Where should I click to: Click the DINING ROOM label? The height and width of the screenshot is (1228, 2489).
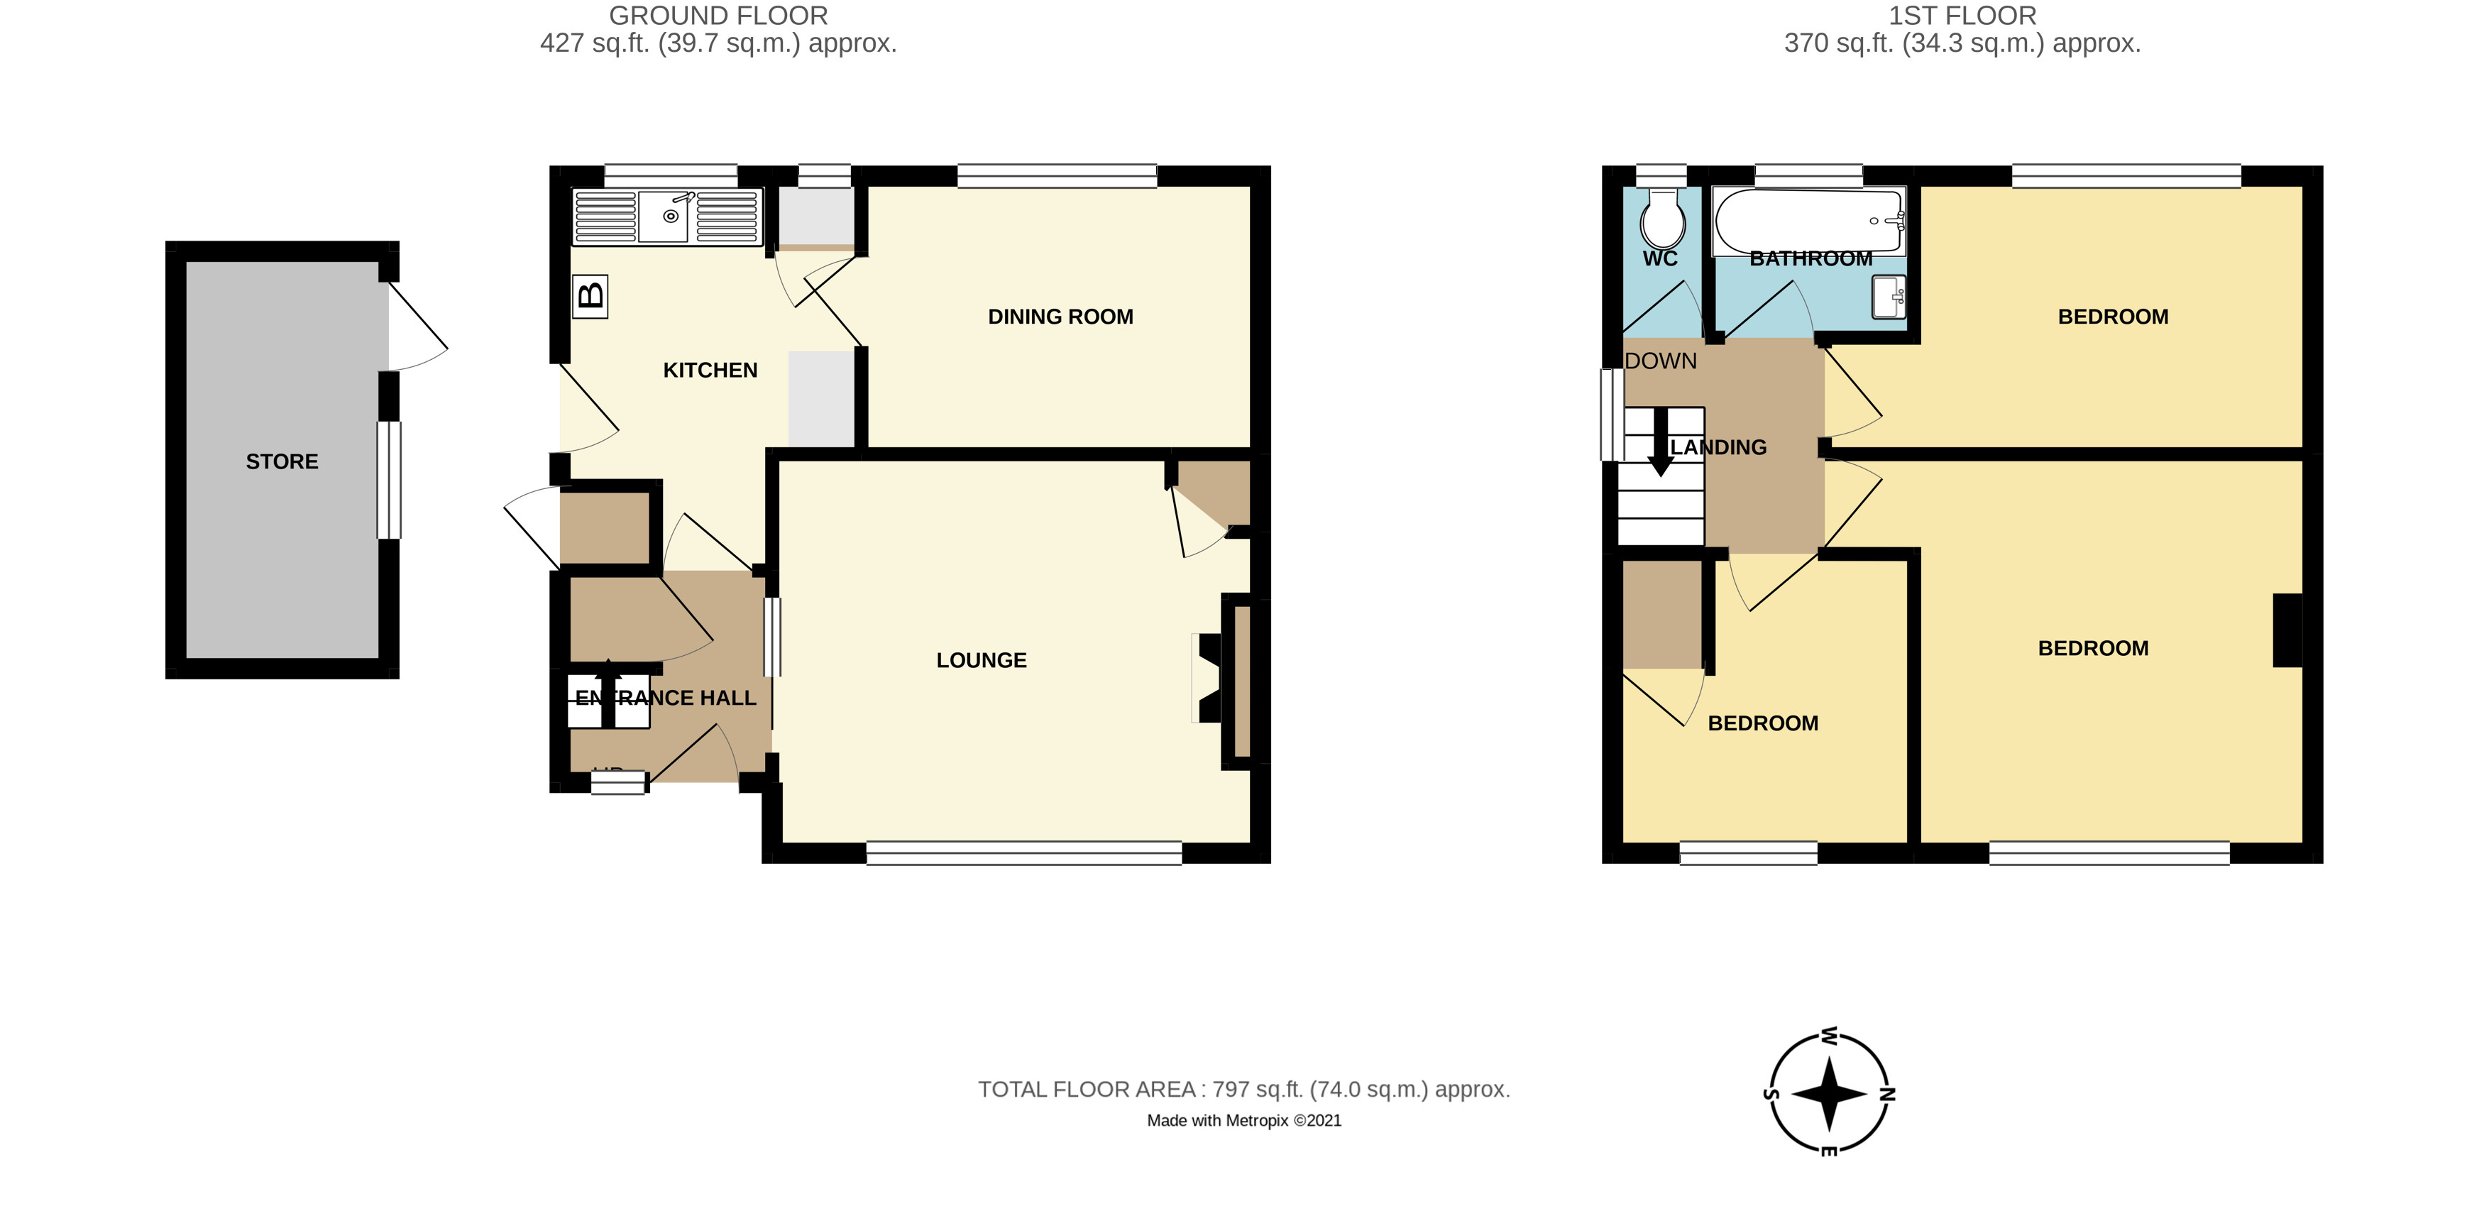pyautogui.click(x=1060, y=317)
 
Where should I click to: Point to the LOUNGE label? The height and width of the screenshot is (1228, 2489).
pyautogui.click(x=981, y=661)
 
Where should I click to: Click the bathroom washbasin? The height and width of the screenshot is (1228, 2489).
pyautogui.click(x=1888, y=297)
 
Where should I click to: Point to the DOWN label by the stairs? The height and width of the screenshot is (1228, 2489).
pyautogui.click(x=1660, y=361)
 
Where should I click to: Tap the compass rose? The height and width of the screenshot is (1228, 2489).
pyautogui.click(x=1829, y=1095)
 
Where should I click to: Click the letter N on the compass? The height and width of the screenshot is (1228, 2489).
pyautogui.click(x=1887, y=1095)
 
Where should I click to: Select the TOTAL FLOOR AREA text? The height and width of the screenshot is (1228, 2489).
pyautogui.click(x=1243, y=1090)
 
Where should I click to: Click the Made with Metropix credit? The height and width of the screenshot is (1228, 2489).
pyautogui.click(x=1243, y=1121)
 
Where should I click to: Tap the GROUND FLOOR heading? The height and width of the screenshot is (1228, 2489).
pyautogui.click(x=718, y=16)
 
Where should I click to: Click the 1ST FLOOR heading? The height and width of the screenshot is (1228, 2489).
pyautogui.click(x=1962, y=16)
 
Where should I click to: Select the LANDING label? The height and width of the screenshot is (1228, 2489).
pyautogui.click(x=1719, y=447)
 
